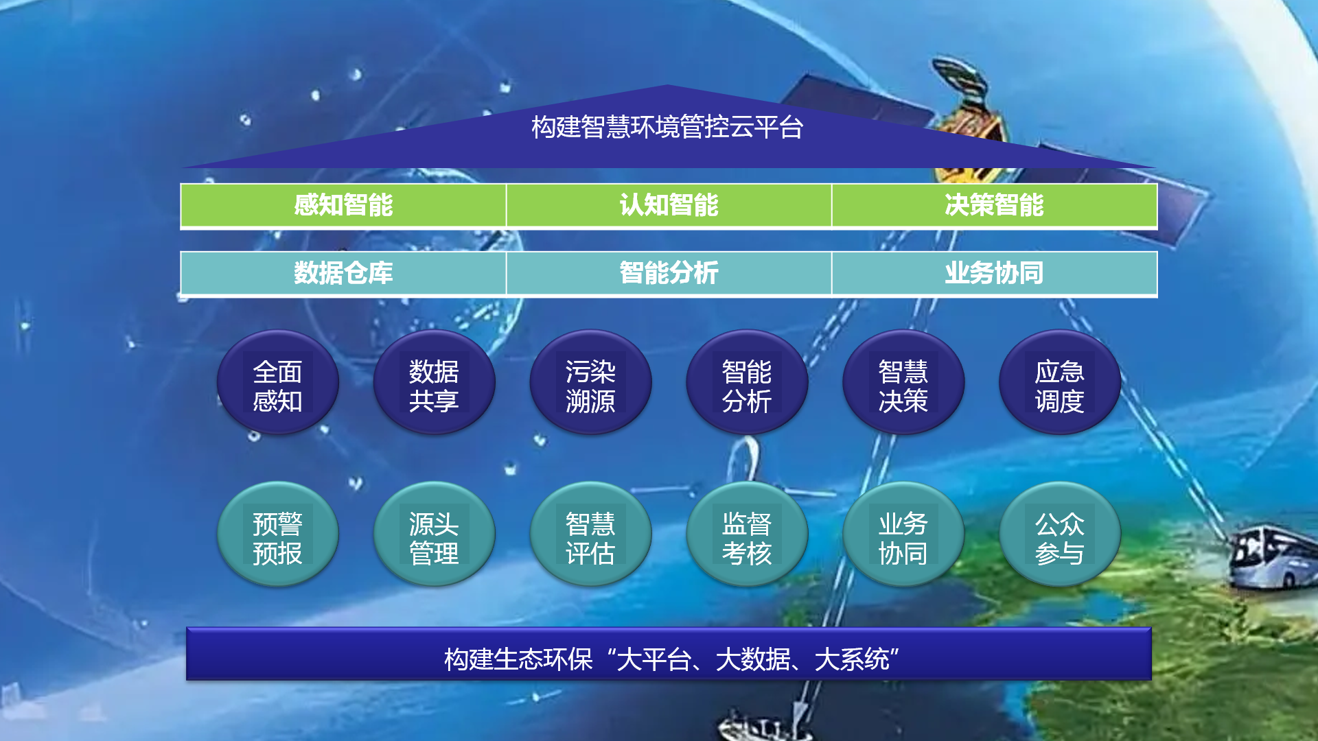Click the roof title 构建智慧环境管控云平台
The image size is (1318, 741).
coord(667,127)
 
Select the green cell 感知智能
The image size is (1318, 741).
coord(343,205)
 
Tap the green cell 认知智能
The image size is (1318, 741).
coord(669,205)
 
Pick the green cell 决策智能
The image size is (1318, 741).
coord(994,205)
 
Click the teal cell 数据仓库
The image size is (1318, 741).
coord(343,273)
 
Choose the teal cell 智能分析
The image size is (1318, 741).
coord(669,273)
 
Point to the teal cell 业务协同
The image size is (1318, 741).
coord(994,273)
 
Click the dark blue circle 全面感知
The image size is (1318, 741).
coord(278,382)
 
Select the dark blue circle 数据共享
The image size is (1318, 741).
coord(434,382)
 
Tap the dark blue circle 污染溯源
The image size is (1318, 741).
coord(590,382)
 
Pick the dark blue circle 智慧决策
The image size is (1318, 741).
coord(903,382)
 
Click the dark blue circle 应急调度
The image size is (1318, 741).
coord(1060,382)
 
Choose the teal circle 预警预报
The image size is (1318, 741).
coord(278,534)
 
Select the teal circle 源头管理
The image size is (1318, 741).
coord(434,534)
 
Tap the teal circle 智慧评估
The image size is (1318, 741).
coord(590,534)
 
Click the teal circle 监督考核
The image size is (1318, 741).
coord(747,534)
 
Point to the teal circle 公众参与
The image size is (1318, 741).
coord(1060,534)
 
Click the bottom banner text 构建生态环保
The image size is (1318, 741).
coord(518,659)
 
